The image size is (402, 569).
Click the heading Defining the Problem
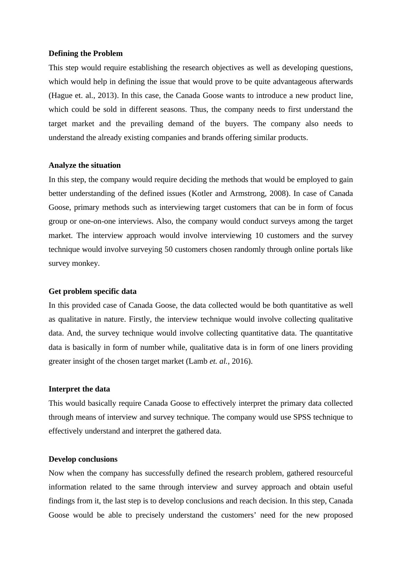[85, 53]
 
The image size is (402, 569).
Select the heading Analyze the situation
[85, 165]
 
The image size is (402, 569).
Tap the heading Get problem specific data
[92, 291]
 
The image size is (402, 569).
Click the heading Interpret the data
[79, 389]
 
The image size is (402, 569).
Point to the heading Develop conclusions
[83, 459]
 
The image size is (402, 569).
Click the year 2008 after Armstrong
[277, 193]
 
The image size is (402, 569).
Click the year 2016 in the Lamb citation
[241, 361]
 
